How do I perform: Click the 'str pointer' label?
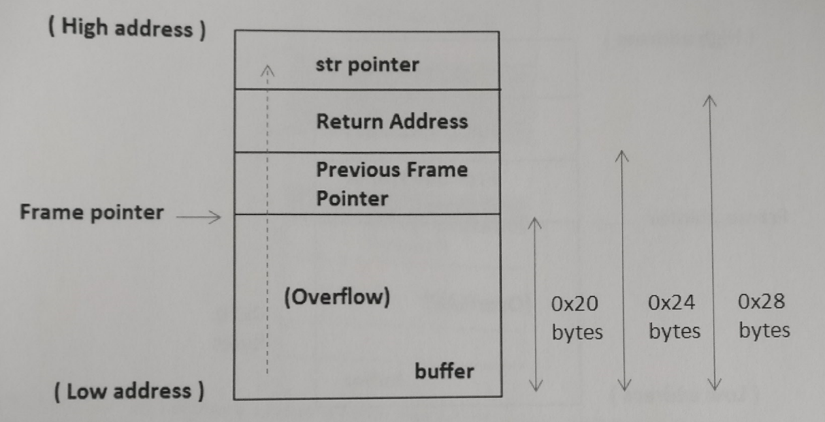click(366, 65)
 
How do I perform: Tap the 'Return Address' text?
click(392, 121)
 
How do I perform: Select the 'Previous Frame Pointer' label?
click(392, 184)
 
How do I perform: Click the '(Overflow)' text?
click(337, 297)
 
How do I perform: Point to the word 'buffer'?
click(444, 372)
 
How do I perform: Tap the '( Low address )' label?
click(129, 391)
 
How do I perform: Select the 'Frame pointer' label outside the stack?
click(91, 212)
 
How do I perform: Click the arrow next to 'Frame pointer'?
click(200, 218)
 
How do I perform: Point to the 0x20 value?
click(575, 304)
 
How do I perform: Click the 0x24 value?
click(671, 303)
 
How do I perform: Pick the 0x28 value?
click(762, 302)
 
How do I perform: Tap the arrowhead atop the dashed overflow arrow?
click(266, 70)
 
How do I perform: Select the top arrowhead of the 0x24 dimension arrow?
click(623, 157)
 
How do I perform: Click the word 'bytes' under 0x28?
click(764, 330)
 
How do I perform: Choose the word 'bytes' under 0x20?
click(577, 332)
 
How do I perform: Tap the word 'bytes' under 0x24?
click(674, 331)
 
